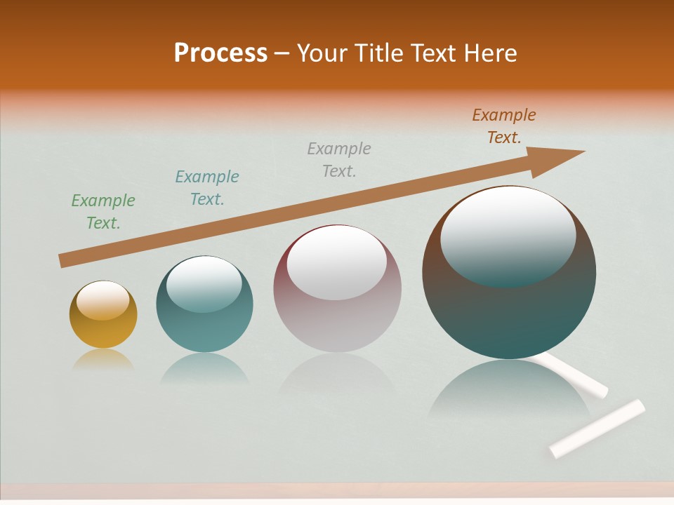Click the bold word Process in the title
tap(220, 53)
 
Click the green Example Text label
tap(103, 212)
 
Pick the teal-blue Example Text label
tap(207, 188)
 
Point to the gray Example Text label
tap(339, 159)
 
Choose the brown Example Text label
tap(504, 126)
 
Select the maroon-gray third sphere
tap(337, 309)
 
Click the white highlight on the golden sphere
tap(103, 300)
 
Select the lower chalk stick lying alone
tap(597, 428)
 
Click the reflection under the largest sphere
tap(509, 393)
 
